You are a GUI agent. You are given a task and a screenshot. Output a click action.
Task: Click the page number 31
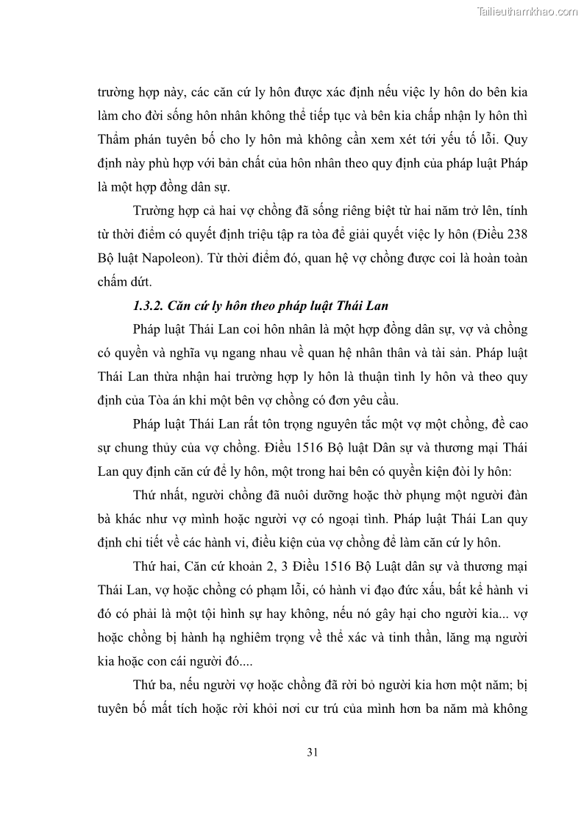[311, 752]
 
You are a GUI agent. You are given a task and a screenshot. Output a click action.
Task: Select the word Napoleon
[174, 260]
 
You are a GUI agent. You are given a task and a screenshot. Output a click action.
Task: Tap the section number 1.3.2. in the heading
[150, 306]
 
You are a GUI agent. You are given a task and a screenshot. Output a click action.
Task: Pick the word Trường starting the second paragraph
[155, 211]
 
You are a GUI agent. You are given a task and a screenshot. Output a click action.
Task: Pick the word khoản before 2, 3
[274, 567]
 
